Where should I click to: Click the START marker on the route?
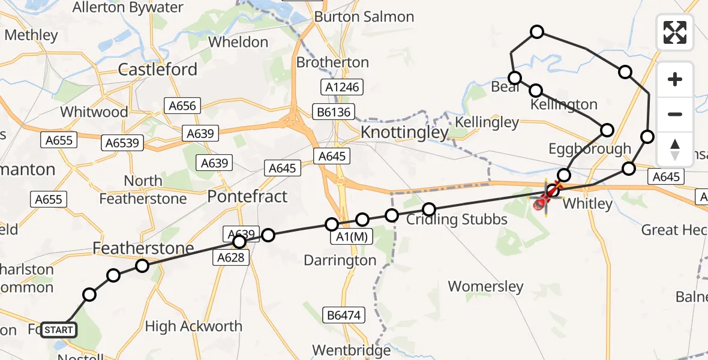59,329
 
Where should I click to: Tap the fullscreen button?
675,32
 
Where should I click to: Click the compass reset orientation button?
675,149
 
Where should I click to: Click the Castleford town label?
157,70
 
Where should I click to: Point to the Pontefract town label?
247,196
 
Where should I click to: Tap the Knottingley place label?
404,132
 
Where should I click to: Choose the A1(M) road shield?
352,238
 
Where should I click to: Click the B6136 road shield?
335,112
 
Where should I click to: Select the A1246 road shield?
343,87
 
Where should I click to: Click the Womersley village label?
485,286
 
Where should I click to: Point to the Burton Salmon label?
364,17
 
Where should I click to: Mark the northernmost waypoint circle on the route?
537,32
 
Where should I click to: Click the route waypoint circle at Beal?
514,78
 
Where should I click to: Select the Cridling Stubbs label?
457,220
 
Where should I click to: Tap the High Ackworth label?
194,326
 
